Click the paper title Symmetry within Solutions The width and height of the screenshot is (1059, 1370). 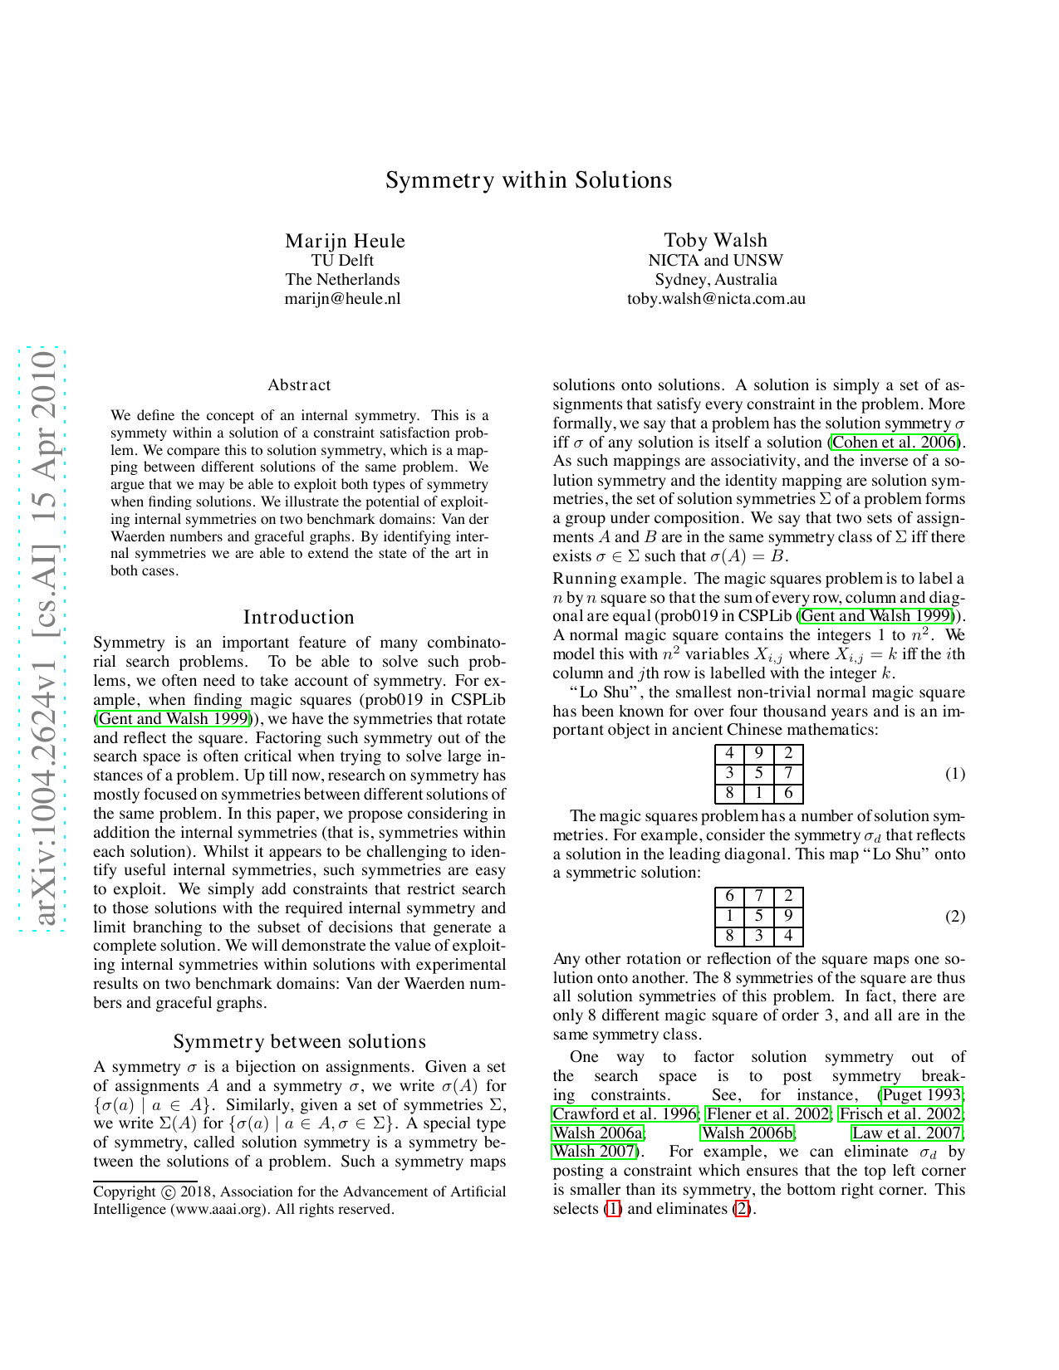[x=528, y=180]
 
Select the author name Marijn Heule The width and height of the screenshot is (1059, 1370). [x=345, y=241]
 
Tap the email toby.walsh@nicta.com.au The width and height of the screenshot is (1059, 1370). [x=715, y=299]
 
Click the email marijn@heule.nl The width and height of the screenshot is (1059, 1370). [x=342, y=299]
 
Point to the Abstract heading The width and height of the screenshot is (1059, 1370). [x=299, y=385]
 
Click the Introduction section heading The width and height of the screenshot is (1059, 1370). [x=299, y=617]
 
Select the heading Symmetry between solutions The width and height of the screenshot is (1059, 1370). [x=299, y=1041]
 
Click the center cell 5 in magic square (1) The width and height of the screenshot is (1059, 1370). [x=759, y=774]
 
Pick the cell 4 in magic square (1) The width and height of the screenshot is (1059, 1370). [x=729, y=754]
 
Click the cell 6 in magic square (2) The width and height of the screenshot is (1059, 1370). [x=729, y=897]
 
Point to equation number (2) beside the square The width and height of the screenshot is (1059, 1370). [x=955, y=917]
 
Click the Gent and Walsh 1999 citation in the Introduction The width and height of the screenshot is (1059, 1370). [x=174, y=719]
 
